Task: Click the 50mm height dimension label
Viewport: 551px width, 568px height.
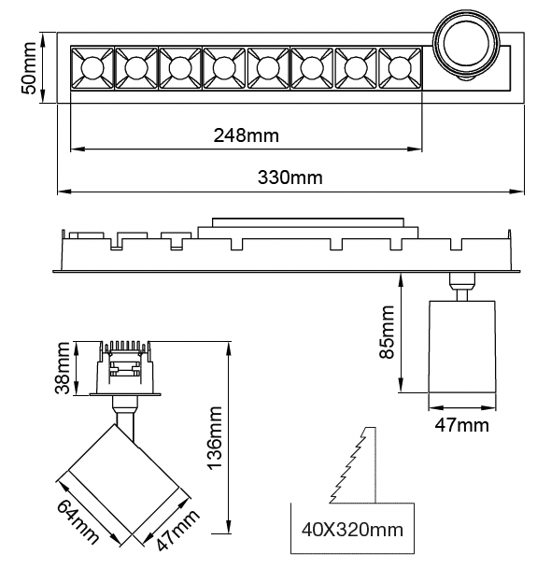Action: (x=29, y=68)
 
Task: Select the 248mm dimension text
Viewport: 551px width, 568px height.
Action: (x=247, y=135)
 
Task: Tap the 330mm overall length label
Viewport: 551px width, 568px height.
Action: (x=290, y=177)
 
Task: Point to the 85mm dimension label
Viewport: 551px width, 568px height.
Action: (x=387, y=332)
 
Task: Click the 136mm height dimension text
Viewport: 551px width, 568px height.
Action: (x=214, y=438)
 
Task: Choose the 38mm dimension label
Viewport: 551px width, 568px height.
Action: (x=62, y=368)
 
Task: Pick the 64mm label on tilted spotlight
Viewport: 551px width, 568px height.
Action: (x=78, y=521)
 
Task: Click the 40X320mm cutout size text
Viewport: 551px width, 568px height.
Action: (x=352, y=530)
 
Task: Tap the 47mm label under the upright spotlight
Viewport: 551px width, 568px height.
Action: (x=462, y=424)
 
